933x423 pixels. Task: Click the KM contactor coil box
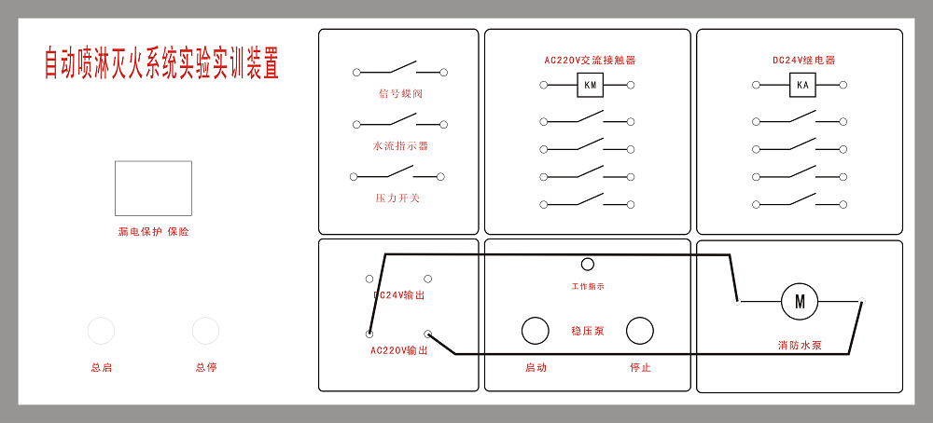[x=591, y=85]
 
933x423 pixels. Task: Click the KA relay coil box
[x=802, y=85]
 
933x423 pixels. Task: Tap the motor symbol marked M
[x=800, y=302]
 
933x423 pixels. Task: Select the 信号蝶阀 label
[x=400, y=94]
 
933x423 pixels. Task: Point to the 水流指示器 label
[x=400, y=145]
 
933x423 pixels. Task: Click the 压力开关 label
[x=397, y=198]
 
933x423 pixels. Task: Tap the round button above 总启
[x=101, y=331]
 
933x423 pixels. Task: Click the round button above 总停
[x=206, y=331]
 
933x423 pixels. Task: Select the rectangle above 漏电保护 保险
[x=154, y=188]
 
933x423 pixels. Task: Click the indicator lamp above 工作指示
[x=587, y=265]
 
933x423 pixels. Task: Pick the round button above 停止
[x=640, y=331]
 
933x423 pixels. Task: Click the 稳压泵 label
[x=587, y=331]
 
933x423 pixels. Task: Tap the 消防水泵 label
[x=800, y=345]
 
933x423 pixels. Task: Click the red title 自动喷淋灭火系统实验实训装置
[x=161, y=63]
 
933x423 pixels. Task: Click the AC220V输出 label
[x=398, y=350]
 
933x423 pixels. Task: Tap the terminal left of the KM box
[x=543, y=85]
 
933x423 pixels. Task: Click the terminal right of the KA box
[x=843, y=85]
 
